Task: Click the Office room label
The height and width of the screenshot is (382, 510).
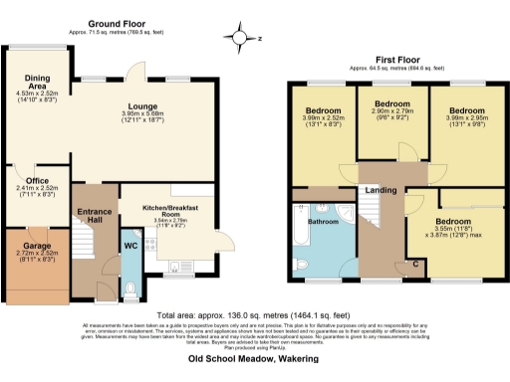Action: [38, 180]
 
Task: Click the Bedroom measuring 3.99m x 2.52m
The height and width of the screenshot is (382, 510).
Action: [326, 109]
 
